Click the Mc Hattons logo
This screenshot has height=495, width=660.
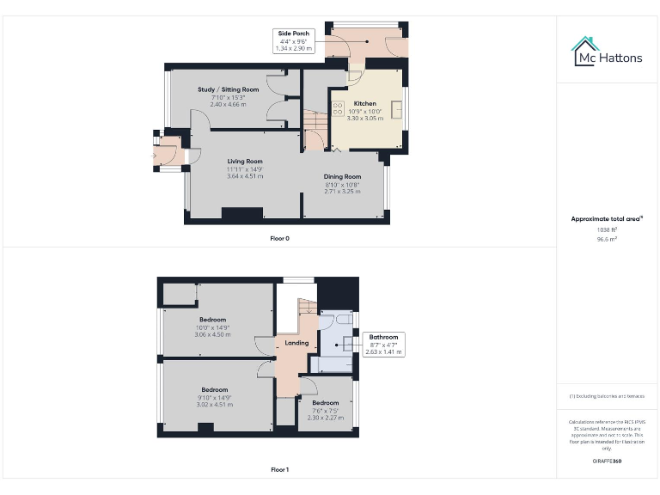point(608,52)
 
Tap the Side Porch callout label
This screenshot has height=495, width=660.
point(294,40)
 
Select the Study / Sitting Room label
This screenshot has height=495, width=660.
point(228,89)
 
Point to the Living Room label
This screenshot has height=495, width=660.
point(245,161)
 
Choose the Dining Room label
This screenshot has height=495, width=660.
point(342,176)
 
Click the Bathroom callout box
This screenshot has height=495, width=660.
point(382,344)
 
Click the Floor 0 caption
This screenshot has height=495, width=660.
point(279,238)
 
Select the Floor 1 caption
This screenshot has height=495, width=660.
point(279,470)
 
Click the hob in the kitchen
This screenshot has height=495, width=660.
point(338,110)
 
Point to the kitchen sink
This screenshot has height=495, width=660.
point(397,111)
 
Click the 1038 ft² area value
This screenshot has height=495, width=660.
point(608,229)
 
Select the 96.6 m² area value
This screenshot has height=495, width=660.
point(608,239)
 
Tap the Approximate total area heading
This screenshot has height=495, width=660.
point(607,219)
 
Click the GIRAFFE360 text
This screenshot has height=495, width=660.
point(608,461)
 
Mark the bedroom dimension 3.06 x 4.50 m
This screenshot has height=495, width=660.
point(213,334)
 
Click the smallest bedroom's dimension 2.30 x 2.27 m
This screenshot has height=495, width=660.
point(325,418)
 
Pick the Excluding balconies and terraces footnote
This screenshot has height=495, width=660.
point(608,396)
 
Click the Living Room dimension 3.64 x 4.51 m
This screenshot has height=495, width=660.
point(245,175)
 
